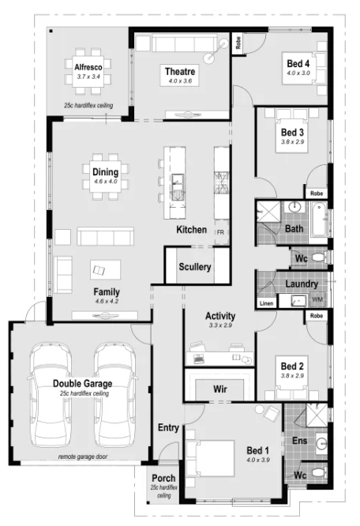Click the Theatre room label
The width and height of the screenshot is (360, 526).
point(180,71)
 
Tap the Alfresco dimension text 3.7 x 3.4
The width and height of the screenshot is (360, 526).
point(88,77)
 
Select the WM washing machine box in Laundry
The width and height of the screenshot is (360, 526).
point(317,299)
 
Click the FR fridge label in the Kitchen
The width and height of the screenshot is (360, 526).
point(220,232)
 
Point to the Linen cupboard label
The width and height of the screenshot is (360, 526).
point(267,303)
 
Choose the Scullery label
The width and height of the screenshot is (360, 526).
point(195,267)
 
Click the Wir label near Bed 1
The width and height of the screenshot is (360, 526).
point(220,389)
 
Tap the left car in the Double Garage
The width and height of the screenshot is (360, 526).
point(51,395)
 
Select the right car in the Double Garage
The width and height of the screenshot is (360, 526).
point(115,395)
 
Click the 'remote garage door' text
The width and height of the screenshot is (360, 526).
point(83,456)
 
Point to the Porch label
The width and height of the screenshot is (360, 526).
point(163,478)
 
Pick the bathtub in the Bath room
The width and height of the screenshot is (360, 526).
point(319,219)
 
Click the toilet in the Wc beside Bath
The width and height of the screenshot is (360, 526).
point(318,258)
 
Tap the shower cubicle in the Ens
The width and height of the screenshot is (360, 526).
point(317,415)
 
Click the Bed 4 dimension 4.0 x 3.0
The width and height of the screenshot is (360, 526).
point(298,73)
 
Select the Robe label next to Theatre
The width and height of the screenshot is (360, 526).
point(238,43)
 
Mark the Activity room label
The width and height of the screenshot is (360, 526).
point(220,316)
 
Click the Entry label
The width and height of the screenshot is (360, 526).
point(168,428)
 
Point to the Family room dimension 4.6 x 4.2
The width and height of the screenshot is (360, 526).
point(107,301)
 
